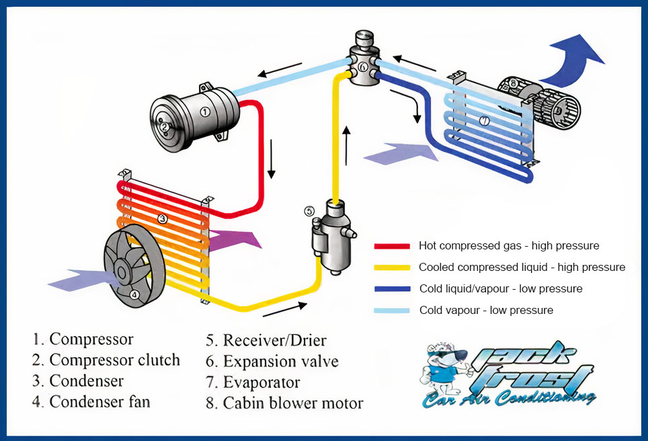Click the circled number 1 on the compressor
pos(204,112)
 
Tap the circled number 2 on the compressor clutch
pos(163,126)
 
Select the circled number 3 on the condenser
pos(162,218)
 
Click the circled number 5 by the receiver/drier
pos(309,211)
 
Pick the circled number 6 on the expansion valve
pos(363,67)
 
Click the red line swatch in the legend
pos(392,246)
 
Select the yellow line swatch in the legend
pos(392,268)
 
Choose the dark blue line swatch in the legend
pos(392,289)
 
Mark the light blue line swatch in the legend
pos(392,311)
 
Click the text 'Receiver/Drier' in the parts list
pos(284,340)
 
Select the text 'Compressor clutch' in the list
pos(114,360)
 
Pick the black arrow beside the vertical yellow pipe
pos(347,145)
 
